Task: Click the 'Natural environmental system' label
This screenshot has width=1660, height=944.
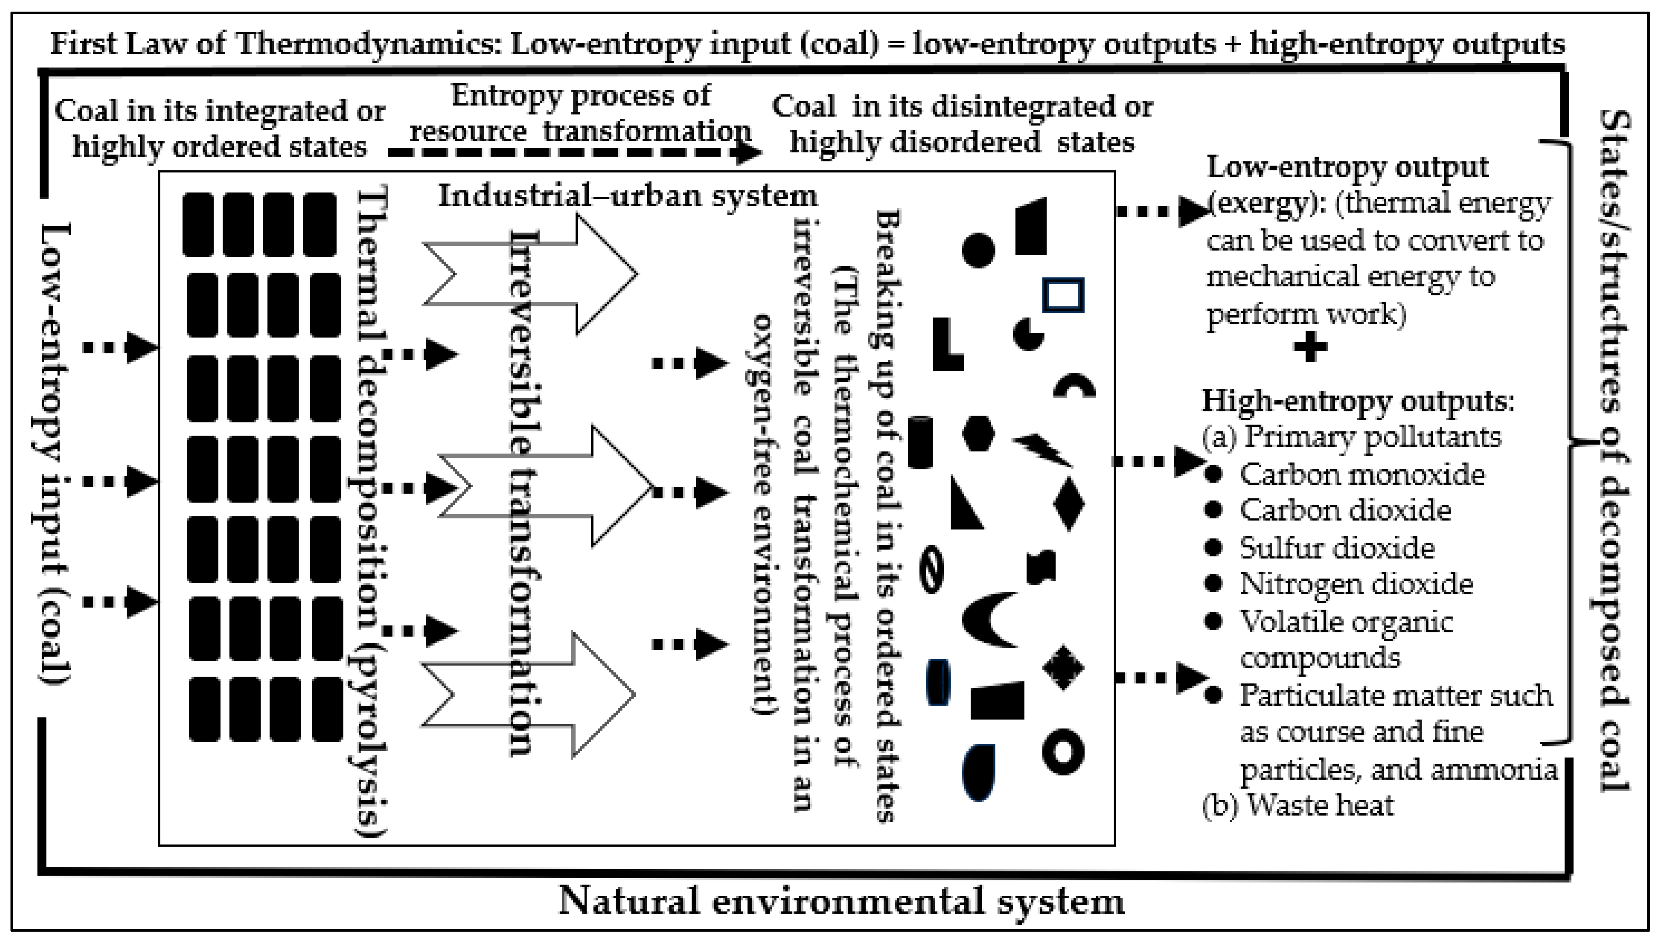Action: (841, 901)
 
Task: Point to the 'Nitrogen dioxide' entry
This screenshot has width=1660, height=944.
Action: (1356, 584)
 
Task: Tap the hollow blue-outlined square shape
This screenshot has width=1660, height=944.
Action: (1063, 295)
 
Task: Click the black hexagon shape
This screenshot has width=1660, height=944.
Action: (978, 433)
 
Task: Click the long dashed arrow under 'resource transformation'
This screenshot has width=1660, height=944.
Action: (574, 153)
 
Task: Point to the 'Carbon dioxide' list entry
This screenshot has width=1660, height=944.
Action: (1345, 511)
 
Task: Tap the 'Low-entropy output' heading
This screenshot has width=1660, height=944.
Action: (1347, 167)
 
